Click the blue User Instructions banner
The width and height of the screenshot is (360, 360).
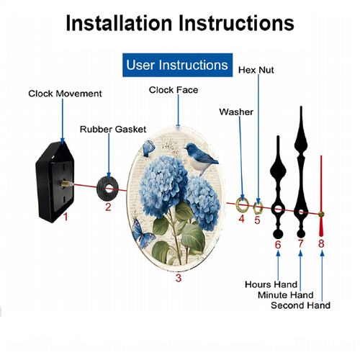[177, 65]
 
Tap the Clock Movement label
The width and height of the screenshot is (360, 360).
[65, 94]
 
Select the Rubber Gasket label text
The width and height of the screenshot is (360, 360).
[113, 130]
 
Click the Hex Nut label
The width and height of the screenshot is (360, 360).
[256, 70]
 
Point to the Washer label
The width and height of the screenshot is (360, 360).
[236, 112]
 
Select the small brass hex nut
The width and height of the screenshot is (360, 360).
[258, 208]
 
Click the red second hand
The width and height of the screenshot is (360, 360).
[321, 196]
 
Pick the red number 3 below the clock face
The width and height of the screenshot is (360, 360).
[179, 278]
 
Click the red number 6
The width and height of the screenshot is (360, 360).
[278, 245]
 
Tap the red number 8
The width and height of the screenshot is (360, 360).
[321, 243]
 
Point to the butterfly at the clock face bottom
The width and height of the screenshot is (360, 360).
[143, 233]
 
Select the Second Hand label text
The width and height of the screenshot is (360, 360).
[300, 305]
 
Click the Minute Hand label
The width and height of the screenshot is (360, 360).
[286, 295]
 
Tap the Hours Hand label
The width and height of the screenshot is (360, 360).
[271, 284]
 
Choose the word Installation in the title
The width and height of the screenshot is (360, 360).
[119, 23]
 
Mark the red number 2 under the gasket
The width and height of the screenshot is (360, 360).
[108, 207]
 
